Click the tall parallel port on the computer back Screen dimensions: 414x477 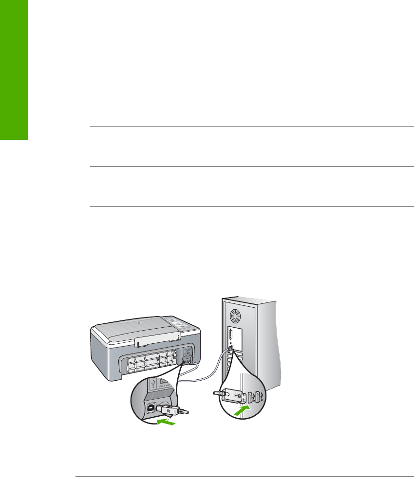[x=229, y=339]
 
